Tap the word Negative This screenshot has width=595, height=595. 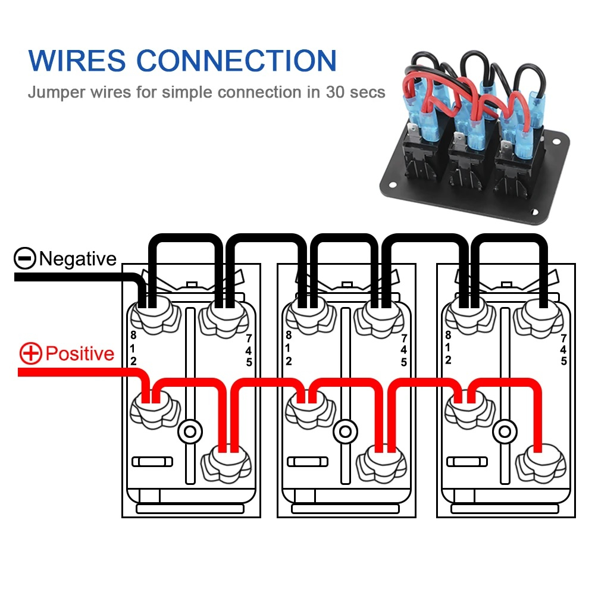[77, 259]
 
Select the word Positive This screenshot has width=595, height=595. [80, 354]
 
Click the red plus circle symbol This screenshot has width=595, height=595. [30, 354]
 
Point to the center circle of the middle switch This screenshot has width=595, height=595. [345, 431]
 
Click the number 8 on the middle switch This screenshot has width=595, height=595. [289, 335]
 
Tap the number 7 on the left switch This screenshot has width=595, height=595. [248, 338]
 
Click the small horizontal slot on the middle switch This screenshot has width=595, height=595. [307, 462]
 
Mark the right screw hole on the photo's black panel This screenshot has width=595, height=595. [556, 143]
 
